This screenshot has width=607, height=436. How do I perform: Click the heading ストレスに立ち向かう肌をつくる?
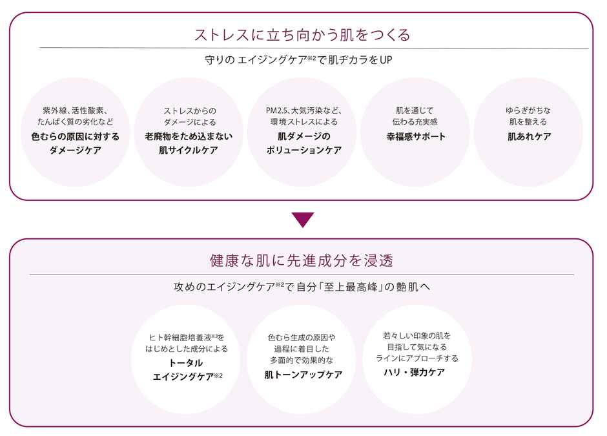tap(302, 34)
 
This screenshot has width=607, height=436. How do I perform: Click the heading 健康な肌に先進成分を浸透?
tap(302, 260)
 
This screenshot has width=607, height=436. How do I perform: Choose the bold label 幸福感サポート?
tap(416, 136)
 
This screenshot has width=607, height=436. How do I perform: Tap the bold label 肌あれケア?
tap(529, 136)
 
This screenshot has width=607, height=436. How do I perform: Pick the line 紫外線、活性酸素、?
tap(76, 110)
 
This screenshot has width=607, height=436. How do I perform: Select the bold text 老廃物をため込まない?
tap(189, 136)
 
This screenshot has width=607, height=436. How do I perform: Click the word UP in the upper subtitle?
tap(386, 61)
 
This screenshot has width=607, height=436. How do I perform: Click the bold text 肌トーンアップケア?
tap(303, 375)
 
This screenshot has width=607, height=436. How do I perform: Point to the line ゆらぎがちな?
tap(529, 110)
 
